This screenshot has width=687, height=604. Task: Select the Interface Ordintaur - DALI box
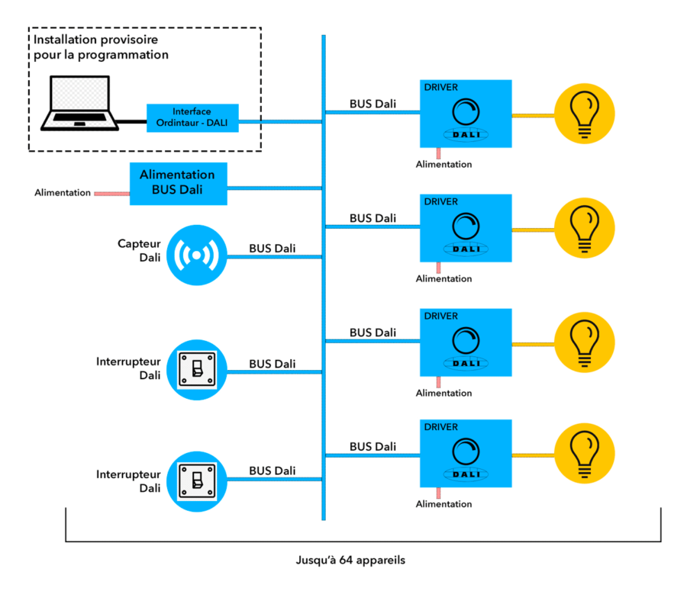[192, 118]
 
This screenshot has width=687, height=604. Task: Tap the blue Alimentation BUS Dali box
[179, 183]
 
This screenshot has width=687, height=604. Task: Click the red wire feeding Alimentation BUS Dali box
[111, 193]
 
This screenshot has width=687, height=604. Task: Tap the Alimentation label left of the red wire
[63, 193]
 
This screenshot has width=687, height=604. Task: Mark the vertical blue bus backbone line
[324, 305]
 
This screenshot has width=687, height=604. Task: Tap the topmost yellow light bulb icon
[585, 114]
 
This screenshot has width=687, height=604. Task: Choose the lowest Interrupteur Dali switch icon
[197, 480]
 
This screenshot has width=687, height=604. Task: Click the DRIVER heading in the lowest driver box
[441, 427]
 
